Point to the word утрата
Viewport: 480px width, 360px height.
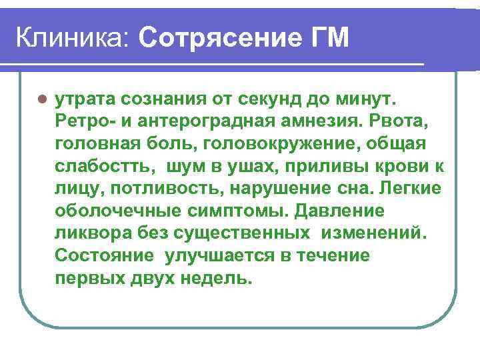click(x=82, y=101)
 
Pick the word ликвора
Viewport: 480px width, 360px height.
click(x=89, y=233)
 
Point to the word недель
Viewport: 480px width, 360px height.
click(x=215, y=278)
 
